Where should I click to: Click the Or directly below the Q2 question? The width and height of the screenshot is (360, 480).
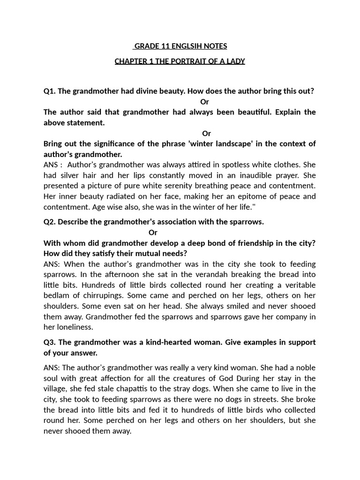153,232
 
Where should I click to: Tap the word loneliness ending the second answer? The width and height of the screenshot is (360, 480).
72,327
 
